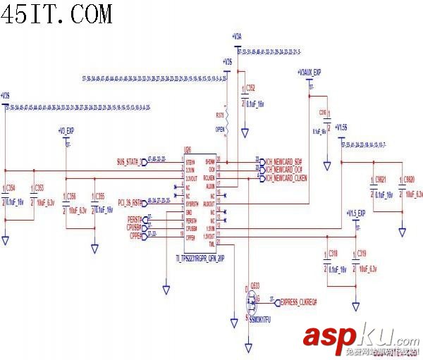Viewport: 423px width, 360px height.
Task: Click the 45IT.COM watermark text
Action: (56, 13)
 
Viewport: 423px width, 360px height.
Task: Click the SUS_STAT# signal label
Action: (129, 161)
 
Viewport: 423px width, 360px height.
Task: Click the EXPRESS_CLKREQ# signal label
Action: (298, 302)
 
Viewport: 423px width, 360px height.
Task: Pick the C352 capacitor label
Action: (250, 87)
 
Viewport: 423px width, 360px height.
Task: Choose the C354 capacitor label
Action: (10, 187)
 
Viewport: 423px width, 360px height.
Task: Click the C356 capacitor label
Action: (71, 195)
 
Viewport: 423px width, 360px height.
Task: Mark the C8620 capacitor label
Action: (410, 180)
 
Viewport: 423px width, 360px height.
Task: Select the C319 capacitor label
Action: (362, 252)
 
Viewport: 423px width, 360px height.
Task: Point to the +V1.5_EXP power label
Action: (355, 213)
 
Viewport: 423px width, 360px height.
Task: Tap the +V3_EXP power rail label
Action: (66, 131)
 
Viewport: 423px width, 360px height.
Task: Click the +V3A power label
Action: (236, 37)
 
